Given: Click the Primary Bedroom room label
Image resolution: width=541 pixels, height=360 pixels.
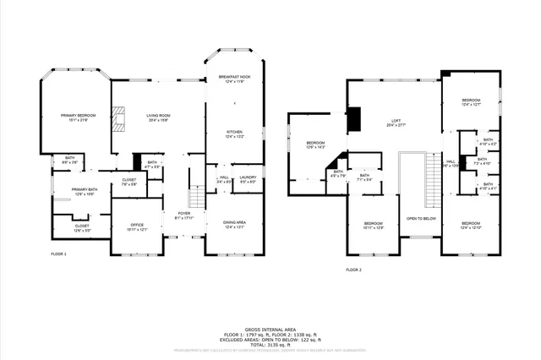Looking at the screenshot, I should point(79,114).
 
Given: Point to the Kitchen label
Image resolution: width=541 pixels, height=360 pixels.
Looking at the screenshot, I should point(234,132).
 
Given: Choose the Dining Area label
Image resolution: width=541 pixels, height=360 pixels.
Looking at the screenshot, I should point(234,222).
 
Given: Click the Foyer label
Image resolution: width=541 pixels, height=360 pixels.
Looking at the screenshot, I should point(183,213).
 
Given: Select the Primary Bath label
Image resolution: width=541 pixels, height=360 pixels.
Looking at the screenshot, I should point(84,189).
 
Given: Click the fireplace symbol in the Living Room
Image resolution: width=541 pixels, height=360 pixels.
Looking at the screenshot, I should point(122,119).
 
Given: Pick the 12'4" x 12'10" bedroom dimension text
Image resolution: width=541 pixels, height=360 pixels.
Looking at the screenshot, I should point(471,228).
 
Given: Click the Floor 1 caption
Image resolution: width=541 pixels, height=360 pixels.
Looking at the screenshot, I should point(58,254).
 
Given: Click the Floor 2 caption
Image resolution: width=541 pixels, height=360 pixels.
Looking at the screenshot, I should point(353,270).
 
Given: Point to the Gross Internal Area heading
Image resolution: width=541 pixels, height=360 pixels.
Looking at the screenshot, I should point(270,329).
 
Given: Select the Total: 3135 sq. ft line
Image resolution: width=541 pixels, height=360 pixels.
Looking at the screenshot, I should point(270,342).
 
